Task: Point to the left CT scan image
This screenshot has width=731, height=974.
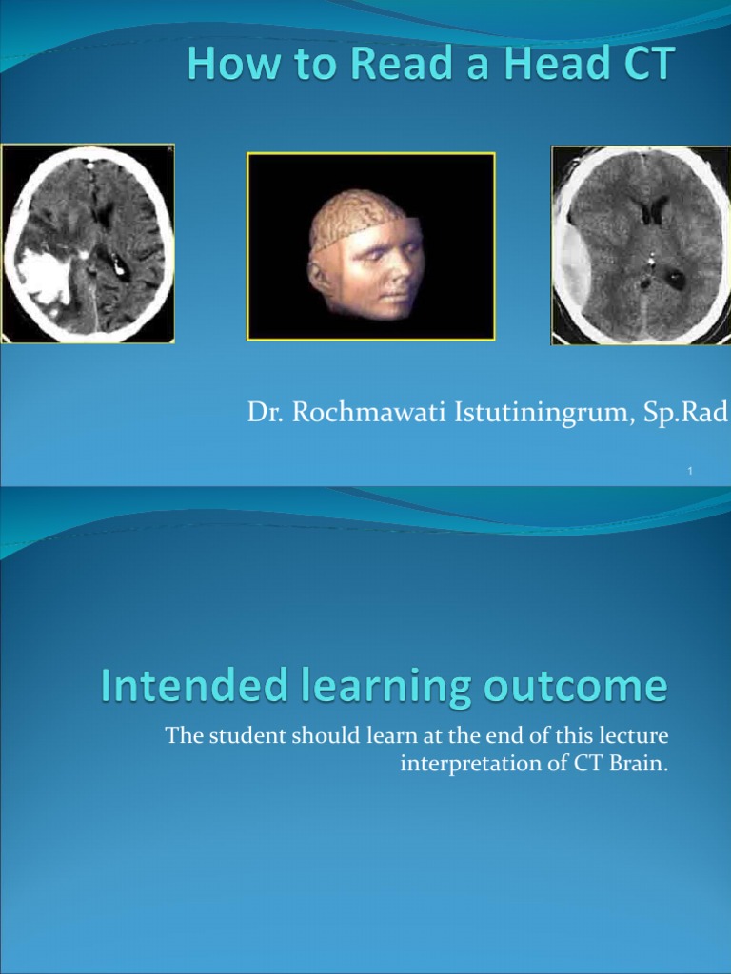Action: [88, 244]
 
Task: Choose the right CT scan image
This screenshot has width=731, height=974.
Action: [641, 245]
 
